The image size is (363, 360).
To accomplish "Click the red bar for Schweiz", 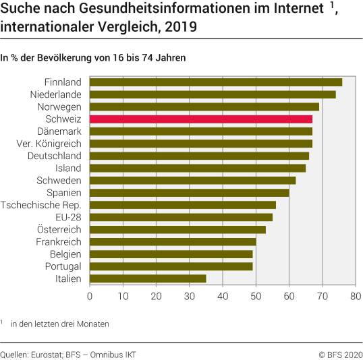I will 200,119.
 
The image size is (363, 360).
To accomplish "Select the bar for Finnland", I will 215,82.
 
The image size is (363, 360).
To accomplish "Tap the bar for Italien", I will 148,278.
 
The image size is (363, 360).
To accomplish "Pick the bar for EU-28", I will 181,217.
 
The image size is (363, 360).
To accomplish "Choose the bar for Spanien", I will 189,193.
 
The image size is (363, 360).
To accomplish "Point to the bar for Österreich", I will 177,229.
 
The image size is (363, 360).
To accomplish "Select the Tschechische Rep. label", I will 41,205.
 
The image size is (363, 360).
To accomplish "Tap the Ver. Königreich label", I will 49,144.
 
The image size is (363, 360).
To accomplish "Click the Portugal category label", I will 63,266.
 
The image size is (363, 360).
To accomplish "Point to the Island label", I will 68,168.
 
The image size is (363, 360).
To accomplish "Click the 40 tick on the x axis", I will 223,295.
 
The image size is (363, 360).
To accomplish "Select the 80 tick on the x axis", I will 356,295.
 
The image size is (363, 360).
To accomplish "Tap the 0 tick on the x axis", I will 90,295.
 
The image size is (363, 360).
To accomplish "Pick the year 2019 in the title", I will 184,28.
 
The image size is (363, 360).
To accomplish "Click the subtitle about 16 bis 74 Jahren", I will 93,58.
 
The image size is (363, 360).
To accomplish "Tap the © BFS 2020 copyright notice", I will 340,353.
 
